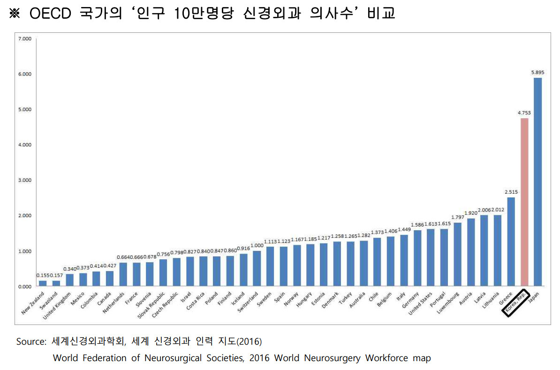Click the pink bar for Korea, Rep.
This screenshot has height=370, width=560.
click(x=524, y=202)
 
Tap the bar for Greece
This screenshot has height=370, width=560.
click(x=511, y=242)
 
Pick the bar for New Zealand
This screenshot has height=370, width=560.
click(x=43, y=283)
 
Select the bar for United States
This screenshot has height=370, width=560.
click(x=431, y=257)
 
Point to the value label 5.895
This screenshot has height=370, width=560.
click(x=538, y=72)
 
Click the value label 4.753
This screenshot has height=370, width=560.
click(x=524, y=113)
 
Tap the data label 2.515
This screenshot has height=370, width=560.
click(x=511, y=192)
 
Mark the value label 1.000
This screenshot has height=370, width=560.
click(x=257, y=245)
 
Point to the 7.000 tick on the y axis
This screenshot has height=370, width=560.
click(x=24, y=38)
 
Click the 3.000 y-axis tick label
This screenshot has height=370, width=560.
click(x=24, y=180)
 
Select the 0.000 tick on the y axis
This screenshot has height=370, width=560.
click(x=24, y=286)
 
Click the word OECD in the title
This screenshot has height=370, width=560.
click(x=50, y=13)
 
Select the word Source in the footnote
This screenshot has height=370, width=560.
click(x=31, y=341)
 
